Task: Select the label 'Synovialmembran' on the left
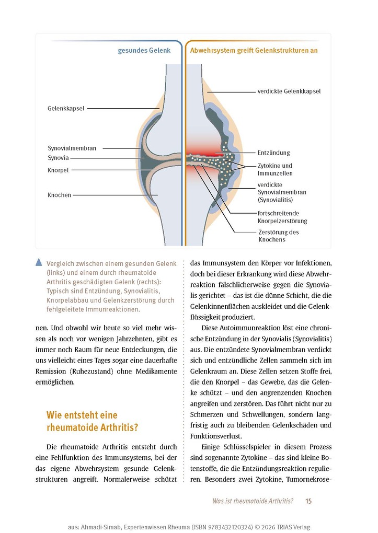coord(72,148)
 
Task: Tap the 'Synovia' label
coord(59,157)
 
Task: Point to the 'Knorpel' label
coord(58,170)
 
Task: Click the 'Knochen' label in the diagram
coord(59,195)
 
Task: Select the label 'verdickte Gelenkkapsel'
coord(289,91)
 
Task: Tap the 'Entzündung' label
coord(273,153)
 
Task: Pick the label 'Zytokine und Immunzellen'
coord(275,169)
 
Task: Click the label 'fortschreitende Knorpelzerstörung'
coord(282,217)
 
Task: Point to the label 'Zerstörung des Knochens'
coord(279,236)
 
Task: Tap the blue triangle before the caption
coord(39,263)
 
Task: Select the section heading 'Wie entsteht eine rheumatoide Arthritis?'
coord(93,421)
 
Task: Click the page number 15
coord(308,501)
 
